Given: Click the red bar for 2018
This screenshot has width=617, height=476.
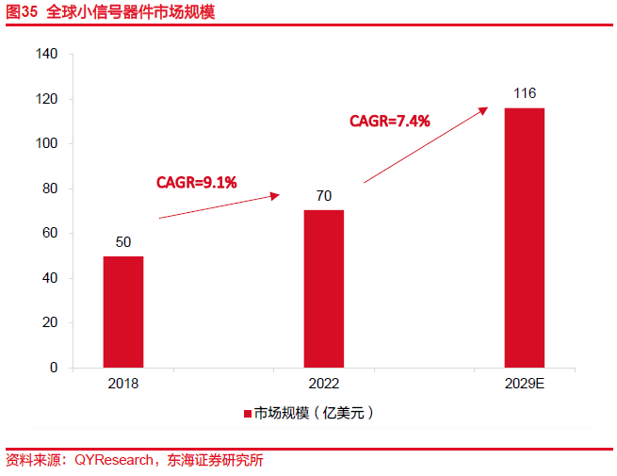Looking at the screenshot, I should pos(123,311).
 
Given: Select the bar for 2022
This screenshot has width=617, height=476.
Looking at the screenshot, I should pos(323,287).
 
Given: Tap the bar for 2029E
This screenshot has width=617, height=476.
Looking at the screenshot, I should pos(525,237).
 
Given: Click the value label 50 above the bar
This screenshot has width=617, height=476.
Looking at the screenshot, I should pos(123,242).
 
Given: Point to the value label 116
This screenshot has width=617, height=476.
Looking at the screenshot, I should pos(525,93).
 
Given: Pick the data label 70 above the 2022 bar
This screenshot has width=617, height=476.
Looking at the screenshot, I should pos(323,196).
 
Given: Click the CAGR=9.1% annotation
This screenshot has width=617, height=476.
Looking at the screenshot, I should pos(196,182).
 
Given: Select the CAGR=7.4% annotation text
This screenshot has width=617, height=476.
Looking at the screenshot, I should pos(390,121).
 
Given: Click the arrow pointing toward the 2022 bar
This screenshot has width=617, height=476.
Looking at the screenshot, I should pos(219,206).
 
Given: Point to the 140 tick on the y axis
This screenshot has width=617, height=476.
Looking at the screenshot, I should pos(48,55).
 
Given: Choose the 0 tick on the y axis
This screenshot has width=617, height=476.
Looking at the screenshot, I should pos(55,368).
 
